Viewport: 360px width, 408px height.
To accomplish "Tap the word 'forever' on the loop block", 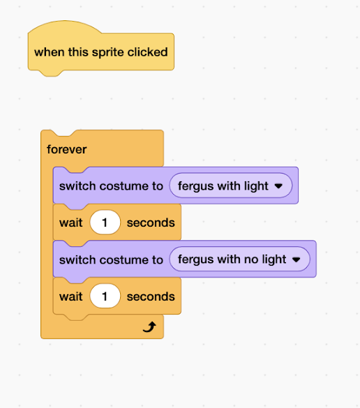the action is [67, 150].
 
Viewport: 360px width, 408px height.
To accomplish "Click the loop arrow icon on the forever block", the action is [149, 327].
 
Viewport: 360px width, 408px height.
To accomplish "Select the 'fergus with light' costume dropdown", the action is [231, 186].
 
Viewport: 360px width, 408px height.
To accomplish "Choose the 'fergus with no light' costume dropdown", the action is [239, 259].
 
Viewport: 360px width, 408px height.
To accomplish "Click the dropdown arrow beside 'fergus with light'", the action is [278, 186].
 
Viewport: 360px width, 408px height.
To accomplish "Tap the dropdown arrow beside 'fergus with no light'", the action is [297, 259].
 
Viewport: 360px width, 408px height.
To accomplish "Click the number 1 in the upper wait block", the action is [105, 222].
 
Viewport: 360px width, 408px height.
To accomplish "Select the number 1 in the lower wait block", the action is [105, 296].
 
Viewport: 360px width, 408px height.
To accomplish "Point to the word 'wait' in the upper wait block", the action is [70, 222].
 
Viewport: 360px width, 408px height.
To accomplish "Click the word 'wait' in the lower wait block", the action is [70, 296].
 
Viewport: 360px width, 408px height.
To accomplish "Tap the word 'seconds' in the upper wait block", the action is [151, 222].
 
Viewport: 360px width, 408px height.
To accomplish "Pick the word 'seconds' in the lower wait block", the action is [151, 296].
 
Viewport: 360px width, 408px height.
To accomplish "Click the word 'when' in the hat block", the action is [50, 52].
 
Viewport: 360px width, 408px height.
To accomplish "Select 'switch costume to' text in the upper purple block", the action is [111, 186].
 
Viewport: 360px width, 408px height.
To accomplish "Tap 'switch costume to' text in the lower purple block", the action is [111, 259].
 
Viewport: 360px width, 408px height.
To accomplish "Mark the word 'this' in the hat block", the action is [78, 52].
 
